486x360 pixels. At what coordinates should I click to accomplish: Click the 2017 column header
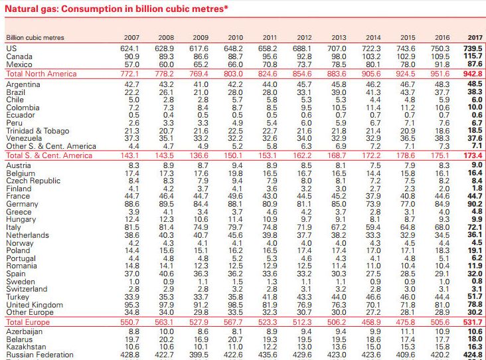coord(475,37)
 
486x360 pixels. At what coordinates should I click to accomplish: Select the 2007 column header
coord(131,37)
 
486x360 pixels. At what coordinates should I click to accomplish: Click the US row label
coord(11,48)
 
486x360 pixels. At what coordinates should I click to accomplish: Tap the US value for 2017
coord(473,48)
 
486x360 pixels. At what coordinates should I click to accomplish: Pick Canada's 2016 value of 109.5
coord(440,56)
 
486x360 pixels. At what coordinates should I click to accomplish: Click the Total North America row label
coord(42,74)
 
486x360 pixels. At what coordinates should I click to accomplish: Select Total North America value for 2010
coord(234,74)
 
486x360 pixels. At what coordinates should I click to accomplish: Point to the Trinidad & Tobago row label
coord(37,131)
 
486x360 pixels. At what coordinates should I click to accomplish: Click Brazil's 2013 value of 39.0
coord(339,92)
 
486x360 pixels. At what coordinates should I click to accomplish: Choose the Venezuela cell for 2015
coord(408,138)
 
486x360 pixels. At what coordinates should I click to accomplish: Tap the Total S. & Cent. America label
coord(49,155)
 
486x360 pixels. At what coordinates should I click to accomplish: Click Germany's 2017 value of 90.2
coord(475,204)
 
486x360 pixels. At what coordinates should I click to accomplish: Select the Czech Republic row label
coord(33,181)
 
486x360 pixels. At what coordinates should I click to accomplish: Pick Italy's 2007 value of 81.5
coord(131,227)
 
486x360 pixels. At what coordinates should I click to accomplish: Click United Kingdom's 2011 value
coord(270,304)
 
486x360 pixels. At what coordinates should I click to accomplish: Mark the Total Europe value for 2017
coord(473,322)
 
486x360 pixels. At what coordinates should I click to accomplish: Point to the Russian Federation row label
coord(40,355)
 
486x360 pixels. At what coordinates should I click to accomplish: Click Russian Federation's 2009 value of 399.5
coord(199,355)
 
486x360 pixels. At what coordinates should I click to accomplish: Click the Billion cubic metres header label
coord(35,37)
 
